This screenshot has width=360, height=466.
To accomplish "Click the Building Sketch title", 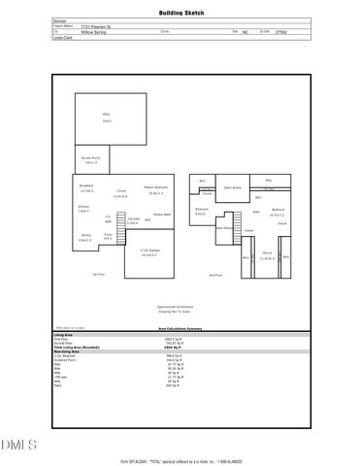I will click(x=180, y=15).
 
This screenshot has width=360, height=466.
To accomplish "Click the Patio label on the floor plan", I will click(x=106, y=115).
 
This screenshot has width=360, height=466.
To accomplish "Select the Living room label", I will click(x=121, y=191).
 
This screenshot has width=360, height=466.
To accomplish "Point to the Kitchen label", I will click(x=83, y=207).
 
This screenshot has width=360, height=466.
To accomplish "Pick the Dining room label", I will click(x=85, y=236).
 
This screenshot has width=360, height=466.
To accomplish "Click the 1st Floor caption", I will click(x=98, y=275).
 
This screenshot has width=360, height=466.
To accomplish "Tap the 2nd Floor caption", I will click(x=215, y=275).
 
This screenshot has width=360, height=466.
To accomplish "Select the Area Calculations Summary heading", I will click(x=180, y=329).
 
